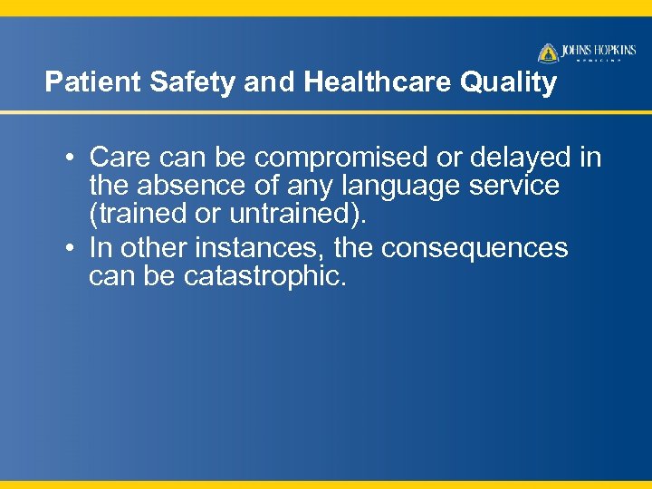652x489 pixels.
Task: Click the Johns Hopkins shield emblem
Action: pos(548,53)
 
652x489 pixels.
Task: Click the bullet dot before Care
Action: pos(70,158)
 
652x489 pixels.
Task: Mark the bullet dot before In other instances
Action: pos(70,248)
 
